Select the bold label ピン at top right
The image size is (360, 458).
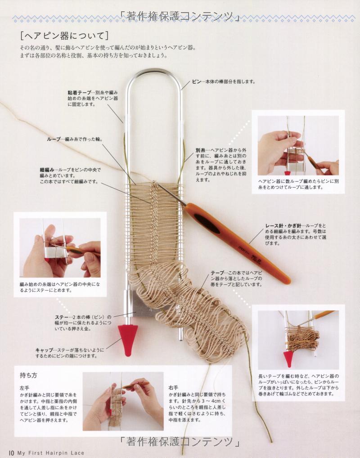[x=196, y=82]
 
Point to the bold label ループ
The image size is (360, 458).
[x=54, y=139]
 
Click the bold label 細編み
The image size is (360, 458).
[x=47, y=170]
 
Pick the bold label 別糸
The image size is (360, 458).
[x=200, y=150]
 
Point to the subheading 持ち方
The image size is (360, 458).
[x=28, y=375]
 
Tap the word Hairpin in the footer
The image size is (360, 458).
[x=60, y=453]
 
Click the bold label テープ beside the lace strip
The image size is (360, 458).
[x=217, y=273]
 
